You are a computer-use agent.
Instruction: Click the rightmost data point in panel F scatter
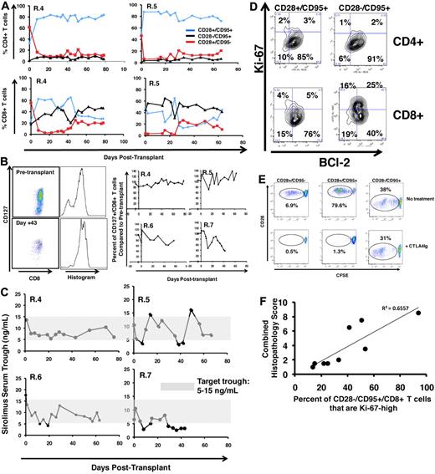click(x=418, y=313)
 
